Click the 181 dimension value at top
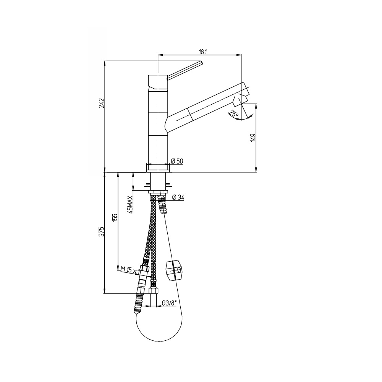pyautogui.click(x=203, y=52)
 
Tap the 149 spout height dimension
pyautogui.click(x=253, y=138)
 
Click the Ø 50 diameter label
pyautogui.click(x=177, y=161)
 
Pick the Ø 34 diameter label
pyautogui.click(x=178, y=197)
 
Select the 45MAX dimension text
pyautogui.click(x=131, y=205)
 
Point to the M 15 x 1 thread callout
pyautogui.click(x=130, y=269)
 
